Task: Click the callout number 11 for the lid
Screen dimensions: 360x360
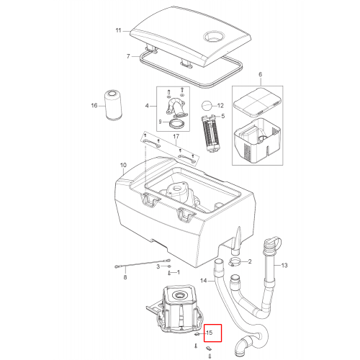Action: click(118, 30)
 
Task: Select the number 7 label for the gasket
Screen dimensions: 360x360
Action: click(128, 56)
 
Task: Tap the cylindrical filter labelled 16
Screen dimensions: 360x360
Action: click(113, 105)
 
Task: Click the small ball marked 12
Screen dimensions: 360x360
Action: click(207, 105)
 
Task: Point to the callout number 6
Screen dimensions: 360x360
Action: click(261, 74)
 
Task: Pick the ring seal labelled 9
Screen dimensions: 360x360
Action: click(176, 125)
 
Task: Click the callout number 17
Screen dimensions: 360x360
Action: click(176, 136)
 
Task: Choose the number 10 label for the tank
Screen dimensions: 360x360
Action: click(123, 165)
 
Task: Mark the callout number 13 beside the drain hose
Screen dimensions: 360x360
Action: click(284, 265)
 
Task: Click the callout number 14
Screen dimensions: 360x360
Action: click(203, 280)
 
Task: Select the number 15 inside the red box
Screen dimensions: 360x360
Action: click(210, 333)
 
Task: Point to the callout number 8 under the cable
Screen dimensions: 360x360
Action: click(125, 277)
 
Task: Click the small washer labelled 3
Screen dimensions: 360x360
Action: click(169, 266)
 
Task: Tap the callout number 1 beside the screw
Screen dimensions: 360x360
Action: click(178, 272)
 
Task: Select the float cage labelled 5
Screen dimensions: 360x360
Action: click(210, 133)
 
